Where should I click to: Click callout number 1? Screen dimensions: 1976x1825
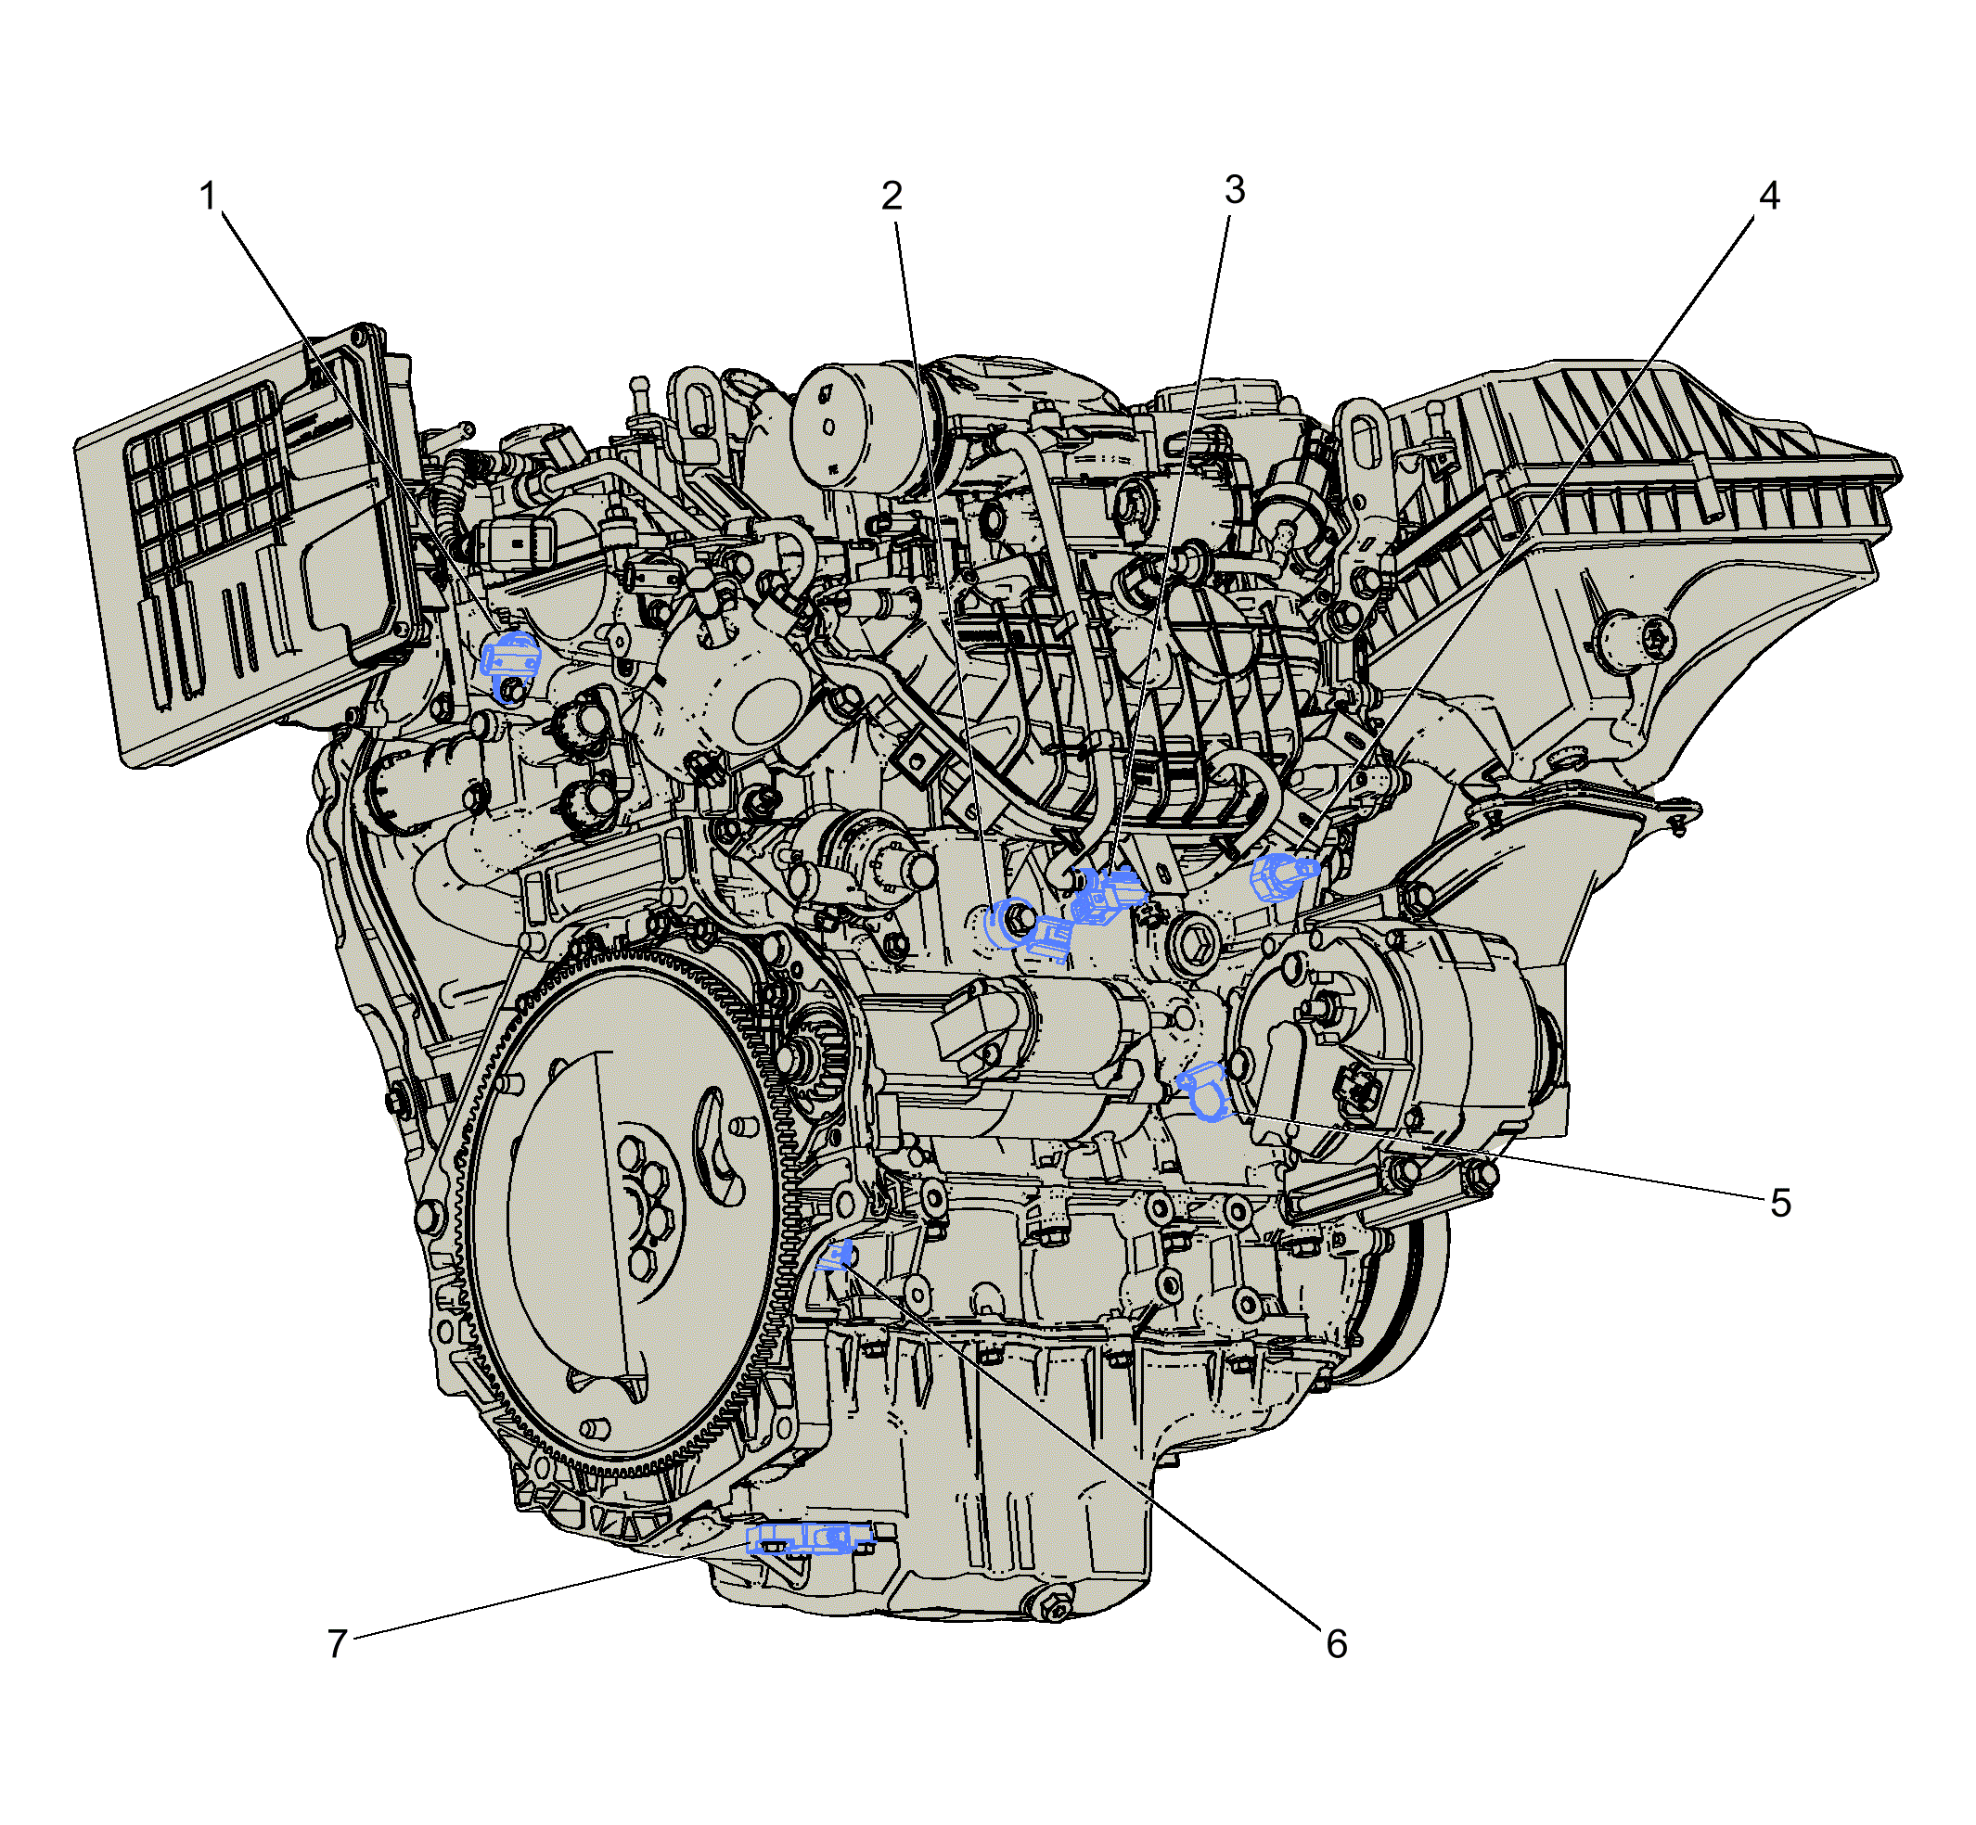point(208,197)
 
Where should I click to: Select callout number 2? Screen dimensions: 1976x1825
point(892,197)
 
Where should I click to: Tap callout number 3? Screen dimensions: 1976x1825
point(1234,189)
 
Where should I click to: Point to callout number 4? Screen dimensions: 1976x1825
point(1768,197)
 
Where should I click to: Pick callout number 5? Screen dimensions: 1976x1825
point(1779,1203)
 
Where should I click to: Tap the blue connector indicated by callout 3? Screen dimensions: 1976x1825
point(1107,894)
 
